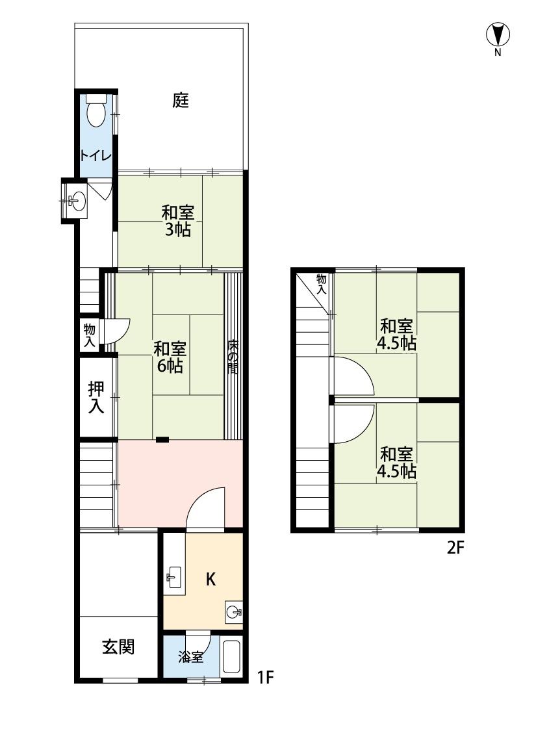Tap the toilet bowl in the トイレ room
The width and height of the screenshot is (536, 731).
click(96, 111)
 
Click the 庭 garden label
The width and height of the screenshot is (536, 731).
click(181, 100)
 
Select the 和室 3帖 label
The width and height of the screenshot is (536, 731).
click(177, 222)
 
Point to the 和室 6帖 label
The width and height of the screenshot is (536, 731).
click(170, 357)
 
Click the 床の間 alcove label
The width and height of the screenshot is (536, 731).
click(233, 357)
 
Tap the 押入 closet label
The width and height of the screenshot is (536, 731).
click(96, 397)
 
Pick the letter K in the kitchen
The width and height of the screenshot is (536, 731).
click(211, 580)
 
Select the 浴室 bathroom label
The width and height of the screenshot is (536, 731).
click(190, 658)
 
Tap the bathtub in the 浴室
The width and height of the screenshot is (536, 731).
click(231, 657)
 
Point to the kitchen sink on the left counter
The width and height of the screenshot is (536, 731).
click(174, 578)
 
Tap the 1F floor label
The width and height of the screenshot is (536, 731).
click(265, 677)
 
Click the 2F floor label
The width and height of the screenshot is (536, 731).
click(456, 547)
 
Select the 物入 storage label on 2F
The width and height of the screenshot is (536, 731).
click(322, 285)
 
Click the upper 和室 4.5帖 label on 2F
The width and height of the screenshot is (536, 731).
click(396, 334)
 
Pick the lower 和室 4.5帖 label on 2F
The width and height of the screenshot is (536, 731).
click(396, 463)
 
